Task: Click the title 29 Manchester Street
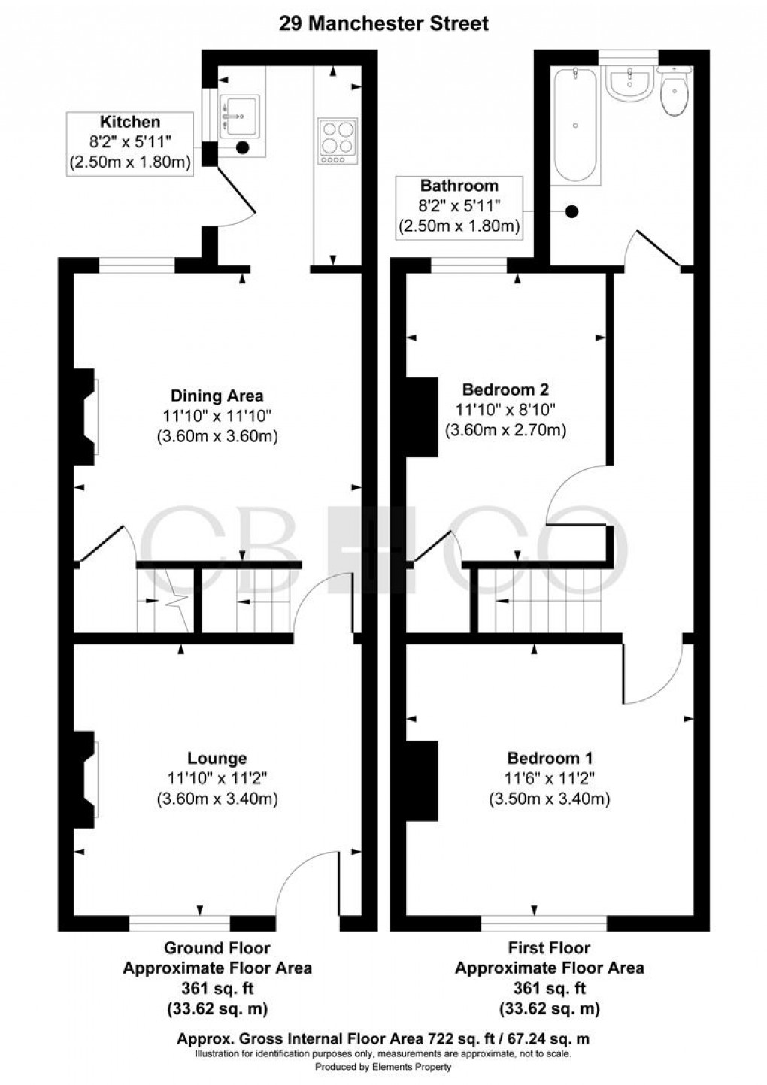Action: point(383,23)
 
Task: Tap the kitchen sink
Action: point(240,116)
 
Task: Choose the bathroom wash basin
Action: point(629,83)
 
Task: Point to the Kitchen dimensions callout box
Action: point(130,144)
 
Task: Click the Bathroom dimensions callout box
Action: point(459,208)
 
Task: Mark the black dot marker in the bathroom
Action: point(573,212)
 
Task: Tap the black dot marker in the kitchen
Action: point(243,147)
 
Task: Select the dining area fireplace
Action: point(85,417)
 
